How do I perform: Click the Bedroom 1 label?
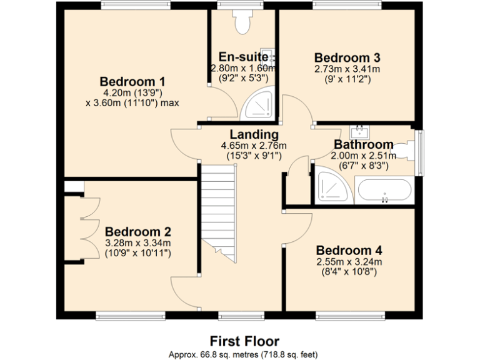[132, 81]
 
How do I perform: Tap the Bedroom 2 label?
[138, 231]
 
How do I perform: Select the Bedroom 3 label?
[347, 57]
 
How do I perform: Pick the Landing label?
[254, 134]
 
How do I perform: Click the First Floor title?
[244, 341]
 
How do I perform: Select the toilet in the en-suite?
[241, 23]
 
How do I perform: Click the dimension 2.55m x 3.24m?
[349, 262]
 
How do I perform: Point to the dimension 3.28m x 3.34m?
[138, 243]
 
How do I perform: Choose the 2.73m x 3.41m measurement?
[347, 69]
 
